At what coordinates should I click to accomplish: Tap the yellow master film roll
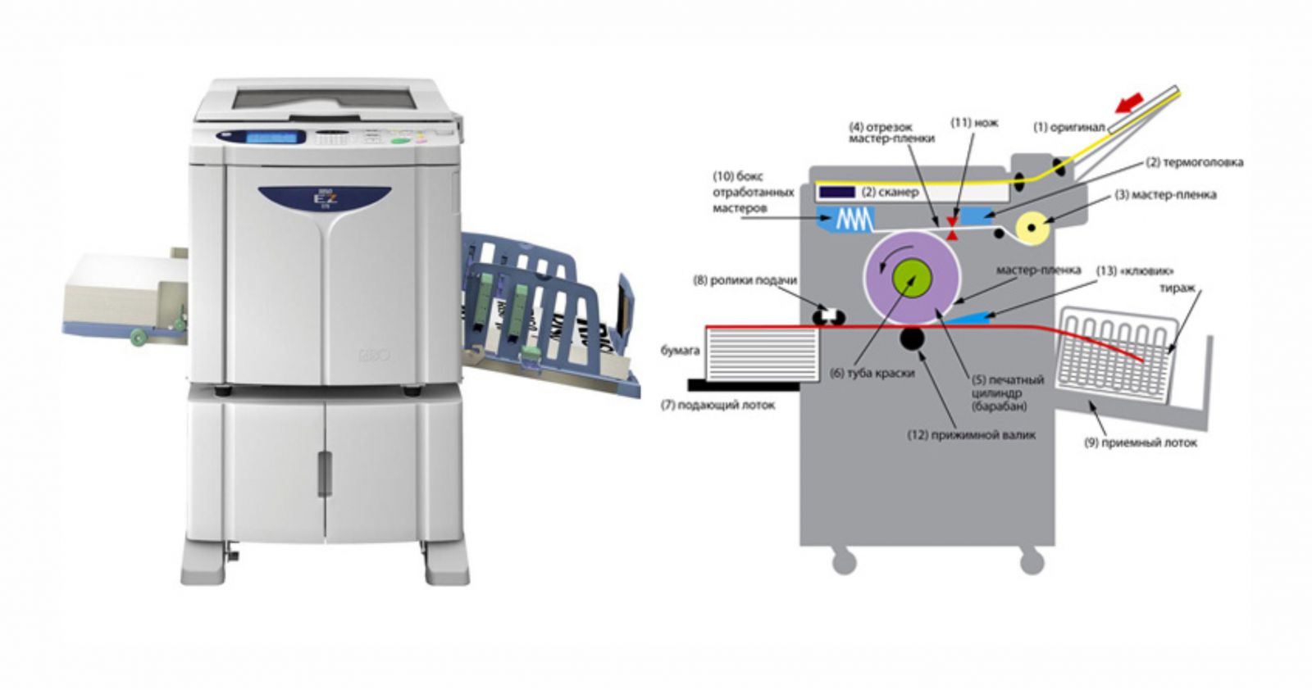point(1031,227)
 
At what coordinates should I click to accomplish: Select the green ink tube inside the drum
point(911,277)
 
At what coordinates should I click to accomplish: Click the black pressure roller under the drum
point(912,337)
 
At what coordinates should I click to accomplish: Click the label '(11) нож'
point(974,123)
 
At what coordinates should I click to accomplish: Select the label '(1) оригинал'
point(1068,128)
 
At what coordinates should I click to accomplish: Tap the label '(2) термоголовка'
point(1194,162)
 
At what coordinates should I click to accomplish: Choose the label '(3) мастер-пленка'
point(1165,195)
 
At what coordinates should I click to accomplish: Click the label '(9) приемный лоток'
point(1140,443)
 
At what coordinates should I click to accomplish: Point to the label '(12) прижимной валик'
point(971,435)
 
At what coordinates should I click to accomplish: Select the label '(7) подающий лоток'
point(717,405)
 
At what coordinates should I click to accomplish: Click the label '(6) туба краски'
point(872,373)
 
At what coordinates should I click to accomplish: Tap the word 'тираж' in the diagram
point(1177,288)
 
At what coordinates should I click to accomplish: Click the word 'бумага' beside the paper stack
point(680,351)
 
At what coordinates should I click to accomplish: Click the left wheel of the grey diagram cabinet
point(844,561)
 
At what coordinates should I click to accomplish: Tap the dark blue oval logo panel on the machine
point(325,198)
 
